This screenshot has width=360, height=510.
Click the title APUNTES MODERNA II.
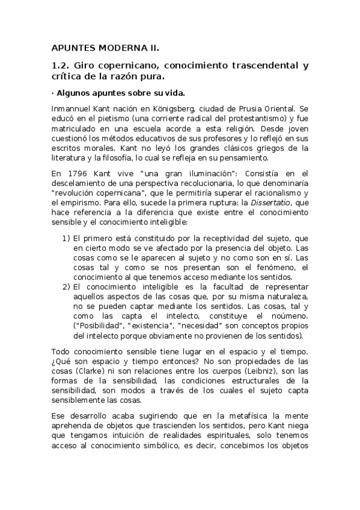click(103, 48)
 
